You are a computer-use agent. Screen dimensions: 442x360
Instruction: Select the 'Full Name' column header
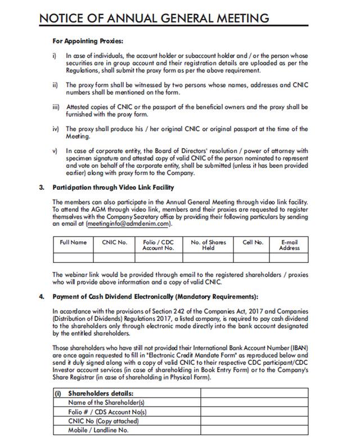74,242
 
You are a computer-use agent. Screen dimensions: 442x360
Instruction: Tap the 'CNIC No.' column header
114,242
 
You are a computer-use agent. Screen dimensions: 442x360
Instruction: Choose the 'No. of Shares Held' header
208,245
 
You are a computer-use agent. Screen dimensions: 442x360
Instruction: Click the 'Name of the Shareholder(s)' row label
107,403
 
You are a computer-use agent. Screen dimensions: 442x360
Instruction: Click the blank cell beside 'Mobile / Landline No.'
253,430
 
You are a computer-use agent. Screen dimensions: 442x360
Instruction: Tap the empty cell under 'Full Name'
74,258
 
